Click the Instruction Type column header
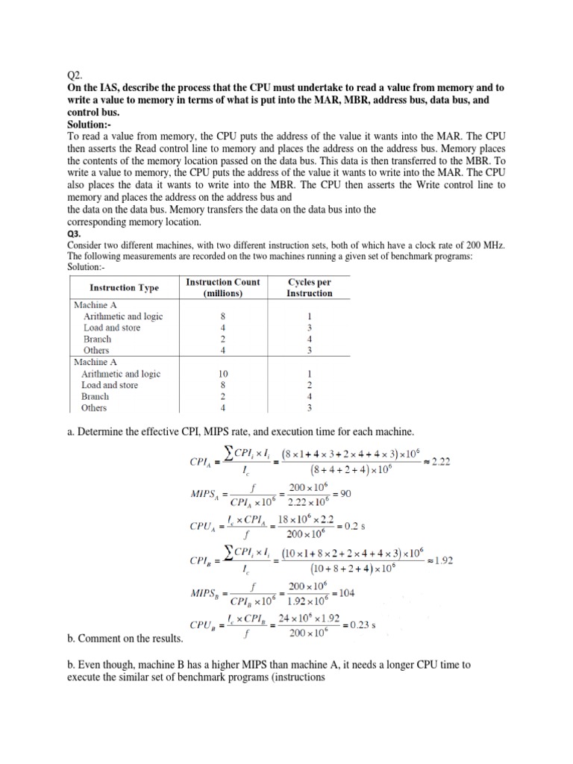pyautogui.click(x=123, y=287)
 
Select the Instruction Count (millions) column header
pyautogui.click(x=222, y=287)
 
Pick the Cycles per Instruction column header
pyautogui.click(x=309, y=287)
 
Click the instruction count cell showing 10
pyautogui.click(x=222, y=374)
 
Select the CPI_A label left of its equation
pyautogui.click(x=195, y=463)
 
